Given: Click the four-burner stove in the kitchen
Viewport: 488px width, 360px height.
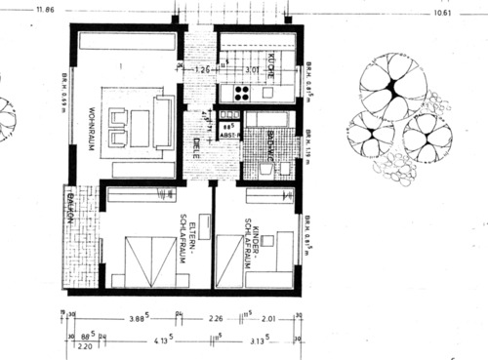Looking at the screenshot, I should click(x=239, y=94).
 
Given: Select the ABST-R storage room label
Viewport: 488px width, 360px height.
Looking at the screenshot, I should click(x=228, y=137).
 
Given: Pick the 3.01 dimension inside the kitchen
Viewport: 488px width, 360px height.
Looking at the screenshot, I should click(x=252, y=70).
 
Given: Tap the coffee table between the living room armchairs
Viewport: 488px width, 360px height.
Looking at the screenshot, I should click(x=135, y=122).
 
